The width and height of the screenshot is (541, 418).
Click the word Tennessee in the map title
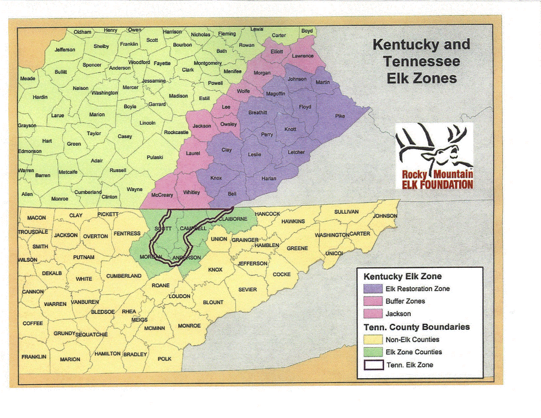pyautogui.click(x=421, y=61)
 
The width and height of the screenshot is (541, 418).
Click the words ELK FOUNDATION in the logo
pyautogui.click(x=437, y=185)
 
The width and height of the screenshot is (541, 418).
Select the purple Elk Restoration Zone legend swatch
pyautogui.click(x=373, y=288)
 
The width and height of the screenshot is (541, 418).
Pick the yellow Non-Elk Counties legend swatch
pyautogui.click(x=373, y=340)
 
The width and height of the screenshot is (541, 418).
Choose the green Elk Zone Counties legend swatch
pyautogui.click(x=373, y=352)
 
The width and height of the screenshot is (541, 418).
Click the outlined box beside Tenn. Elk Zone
pyautogui.click(x=373, y=365)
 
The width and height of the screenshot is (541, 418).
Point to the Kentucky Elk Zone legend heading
pyautogui.click(x=403, y=276)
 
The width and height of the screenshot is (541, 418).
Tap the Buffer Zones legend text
pyautogui.click(x=405, y=301)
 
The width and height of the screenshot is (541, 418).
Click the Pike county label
pyautogui.click(x=339, y=116)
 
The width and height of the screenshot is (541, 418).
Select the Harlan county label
pyautogui.click(x=269, y=179)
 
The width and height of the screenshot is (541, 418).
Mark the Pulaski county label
pyautogui.click(x=155, y=157)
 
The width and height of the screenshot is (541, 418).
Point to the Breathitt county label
pyautogui.click(x=258, y=113)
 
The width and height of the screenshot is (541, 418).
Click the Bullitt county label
pyautogui.click(x=61, y=71)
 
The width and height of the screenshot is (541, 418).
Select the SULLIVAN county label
pyautogui.click(x=347, y=211)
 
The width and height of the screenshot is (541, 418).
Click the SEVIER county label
pyautogui.click(x=247, y=290)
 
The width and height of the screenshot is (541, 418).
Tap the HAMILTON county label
pyautogui.click(x=107, y=353)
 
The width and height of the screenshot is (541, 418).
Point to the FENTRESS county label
pyautogui.click(x=127, y=233)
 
